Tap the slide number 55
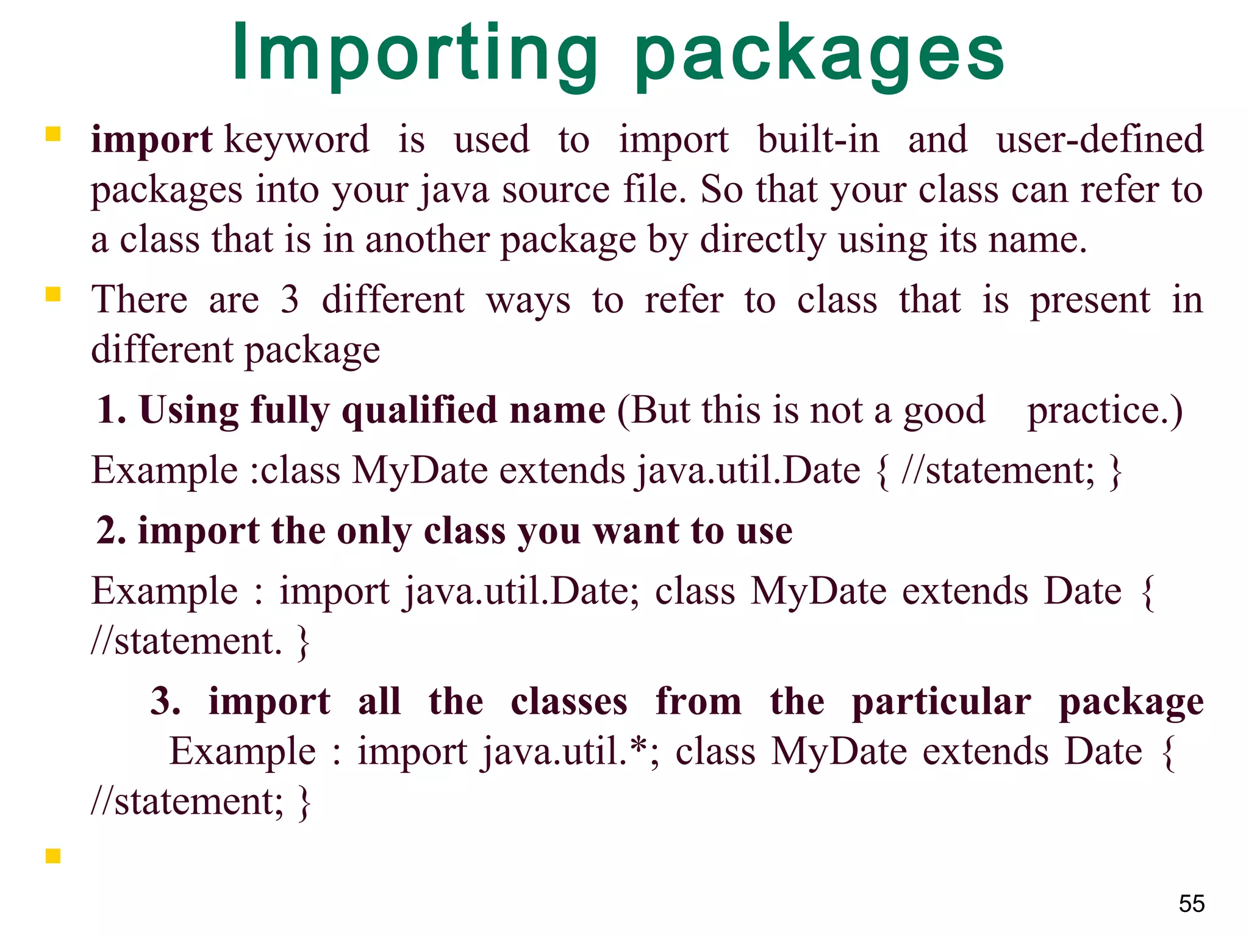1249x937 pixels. coord(1192,903)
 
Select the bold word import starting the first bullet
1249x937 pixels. coord(151,140)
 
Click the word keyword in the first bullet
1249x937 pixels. coord(297,140)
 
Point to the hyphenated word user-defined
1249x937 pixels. coord(1100,139)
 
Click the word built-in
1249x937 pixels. coord(818,139)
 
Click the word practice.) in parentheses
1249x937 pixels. coord(1104,410)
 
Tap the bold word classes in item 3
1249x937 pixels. coord(569,702)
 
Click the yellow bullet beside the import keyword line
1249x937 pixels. coord(53,134)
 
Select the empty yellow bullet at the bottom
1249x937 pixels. coord(53,856)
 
